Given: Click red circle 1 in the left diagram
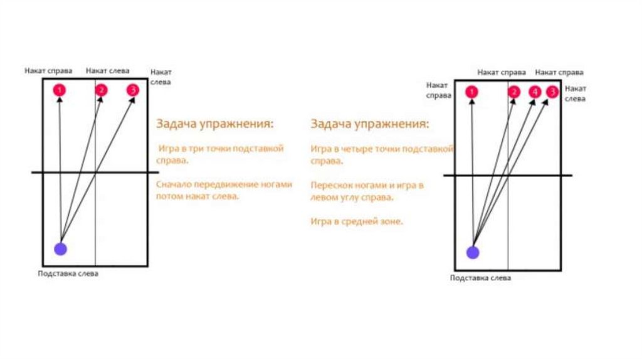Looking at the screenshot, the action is point(60,90).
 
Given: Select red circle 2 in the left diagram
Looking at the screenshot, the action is point(101,90).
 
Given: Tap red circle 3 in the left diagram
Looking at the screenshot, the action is point(132,90).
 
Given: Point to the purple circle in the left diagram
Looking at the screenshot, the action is point(60,249).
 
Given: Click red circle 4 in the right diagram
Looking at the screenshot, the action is point(534,92).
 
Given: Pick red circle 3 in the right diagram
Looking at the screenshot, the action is point(552,92).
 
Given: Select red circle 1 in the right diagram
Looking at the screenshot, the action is point(472,93).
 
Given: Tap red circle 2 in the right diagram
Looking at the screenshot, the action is point(514,92).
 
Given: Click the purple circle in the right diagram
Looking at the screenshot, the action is point(473,252).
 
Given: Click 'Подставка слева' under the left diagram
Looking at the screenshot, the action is point(68,273).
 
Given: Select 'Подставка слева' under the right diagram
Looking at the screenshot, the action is point(480,278).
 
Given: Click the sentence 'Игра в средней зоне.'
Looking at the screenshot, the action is point(356,221).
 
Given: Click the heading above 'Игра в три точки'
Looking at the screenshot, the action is point(215,124).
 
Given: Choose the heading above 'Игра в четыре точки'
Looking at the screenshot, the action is point(370,124).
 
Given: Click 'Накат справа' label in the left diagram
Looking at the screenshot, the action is point(48,71).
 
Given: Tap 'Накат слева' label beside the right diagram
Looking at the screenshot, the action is point(575,94).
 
